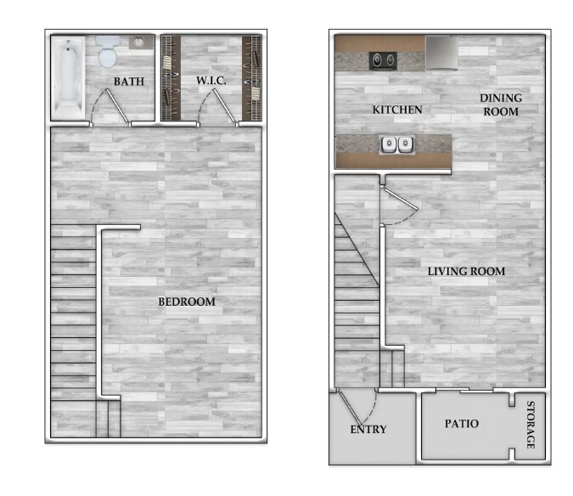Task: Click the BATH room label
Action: (129, 82)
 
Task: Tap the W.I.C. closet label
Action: (211, 81)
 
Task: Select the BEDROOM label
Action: (187, 302)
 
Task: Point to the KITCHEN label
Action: (397, 110)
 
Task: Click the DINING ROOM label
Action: (501, 104)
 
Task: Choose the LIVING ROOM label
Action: (466, 271)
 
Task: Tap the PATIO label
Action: (462, 424)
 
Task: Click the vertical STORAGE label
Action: (531, 425)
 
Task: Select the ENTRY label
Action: (368, 429)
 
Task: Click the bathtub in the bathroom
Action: (68, 78)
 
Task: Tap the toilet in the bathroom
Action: (108, 52)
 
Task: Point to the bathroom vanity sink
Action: (141, 42)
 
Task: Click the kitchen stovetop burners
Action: (383, 60)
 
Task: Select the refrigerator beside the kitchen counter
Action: (441, 53)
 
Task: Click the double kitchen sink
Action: (397, 145)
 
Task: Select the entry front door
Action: (357, 407)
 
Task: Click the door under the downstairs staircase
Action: (400, 205)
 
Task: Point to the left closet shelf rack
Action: (171, 78)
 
